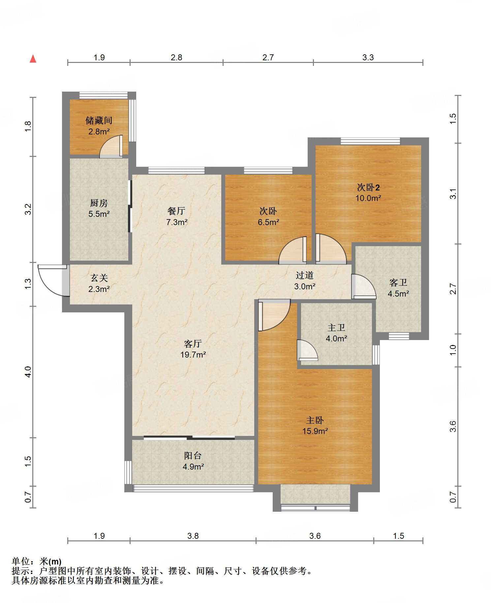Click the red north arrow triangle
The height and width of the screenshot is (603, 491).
coord(33,59)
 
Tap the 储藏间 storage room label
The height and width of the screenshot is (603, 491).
coord(99,121)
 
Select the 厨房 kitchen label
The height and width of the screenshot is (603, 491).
coord(99,203)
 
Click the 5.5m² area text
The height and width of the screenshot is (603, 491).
coord(99,214)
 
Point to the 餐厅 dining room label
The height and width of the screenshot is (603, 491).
coord(176,211)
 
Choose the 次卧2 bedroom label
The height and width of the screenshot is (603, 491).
coord(368,187)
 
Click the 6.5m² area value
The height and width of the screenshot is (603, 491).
coord(268,222)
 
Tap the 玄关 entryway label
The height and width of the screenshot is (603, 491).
coord(99,278)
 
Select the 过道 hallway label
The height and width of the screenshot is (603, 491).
coord(304,275)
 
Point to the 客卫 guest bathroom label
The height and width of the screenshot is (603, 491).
coord(398,283)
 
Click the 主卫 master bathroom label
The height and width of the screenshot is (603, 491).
coord(336,328)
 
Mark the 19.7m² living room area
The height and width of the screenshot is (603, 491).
coord(193,355)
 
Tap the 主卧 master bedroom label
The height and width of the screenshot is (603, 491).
coord(315,420)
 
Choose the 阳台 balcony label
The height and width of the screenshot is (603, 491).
coord(193,456)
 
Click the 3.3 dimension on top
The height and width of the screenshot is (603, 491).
coord(368,58)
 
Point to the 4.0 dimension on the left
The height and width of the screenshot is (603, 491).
coord(28,372)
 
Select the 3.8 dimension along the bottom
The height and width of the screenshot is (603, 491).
coord(193,536)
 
